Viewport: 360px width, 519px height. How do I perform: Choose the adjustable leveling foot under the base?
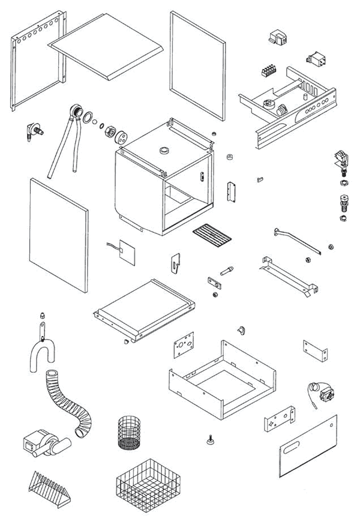point(211,442)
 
